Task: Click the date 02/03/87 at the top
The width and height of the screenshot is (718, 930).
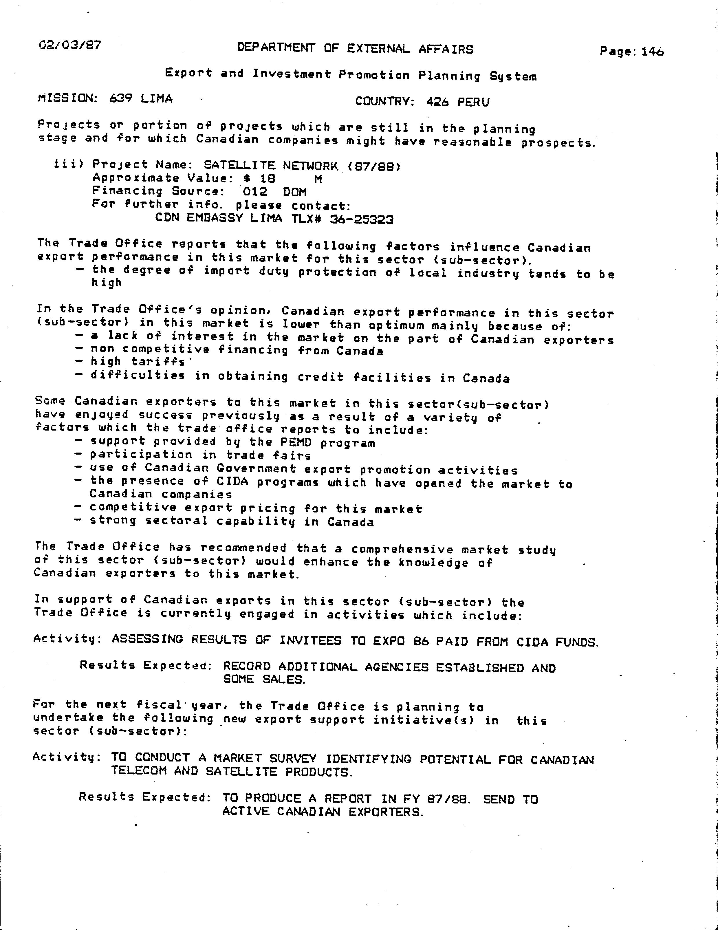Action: [x=70, y=45]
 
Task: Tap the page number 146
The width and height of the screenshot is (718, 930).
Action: [x=652, y=52]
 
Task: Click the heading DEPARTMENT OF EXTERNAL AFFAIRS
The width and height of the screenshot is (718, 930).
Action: [x=355, y=49]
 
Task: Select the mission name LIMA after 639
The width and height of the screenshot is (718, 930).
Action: [x=156, y=99]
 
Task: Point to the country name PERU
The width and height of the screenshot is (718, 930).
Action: [x=474, y=102]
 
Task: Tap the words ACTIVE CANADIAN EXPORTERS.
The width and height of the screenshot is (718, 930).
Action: [x=323, y=812]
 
